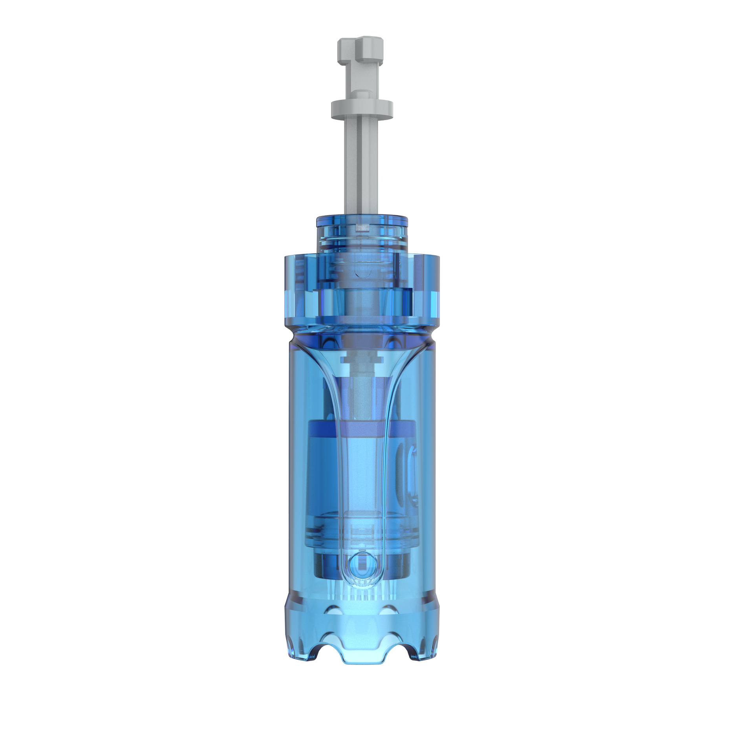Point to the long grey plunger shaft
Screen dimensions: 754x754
tap(361, 165)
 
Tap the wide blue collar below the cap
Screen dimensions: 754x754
tap(361, 289)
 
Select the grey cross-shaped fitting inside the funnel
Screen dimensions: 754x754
tap(361, 359)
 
